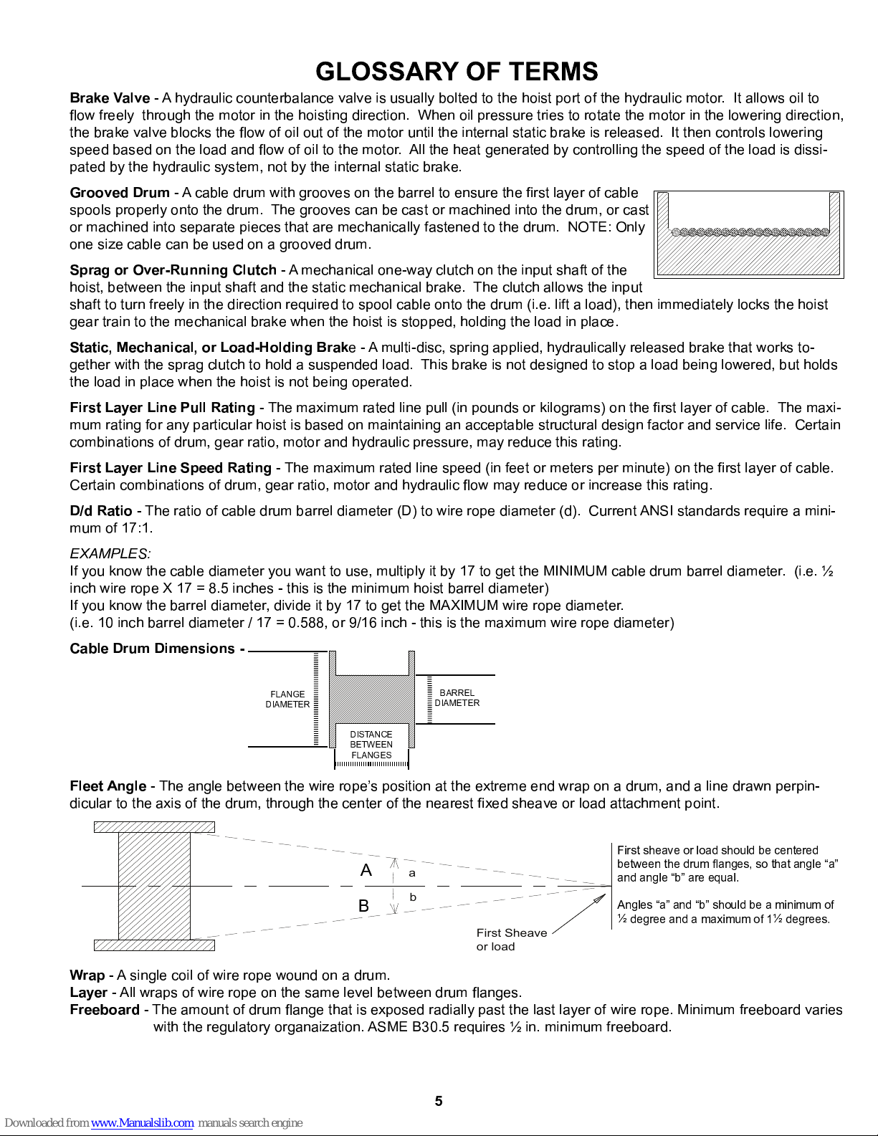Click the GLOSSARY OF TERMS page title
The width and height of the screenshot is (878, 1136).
click(x=457, y=72)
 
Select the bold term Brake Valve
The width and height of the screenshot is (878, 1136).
click(x=110, y=98)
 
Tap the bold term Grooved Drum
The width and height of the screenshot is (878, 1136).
click(x=119, y=193)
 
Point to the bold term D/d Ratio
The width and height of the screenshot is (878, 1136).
click(x=100, y=511)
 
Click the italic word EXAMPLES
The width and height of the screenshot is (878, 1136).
click(x=110, y=554)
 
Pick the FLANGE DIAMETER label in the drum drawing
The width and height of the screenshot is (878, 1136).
click(x=287, y=700)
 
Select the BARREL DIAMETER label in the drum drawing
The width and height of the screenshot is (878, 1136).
click(x=457, y=698)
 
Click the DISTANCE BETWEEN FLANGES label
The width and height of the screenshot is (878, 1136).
click(x=371, y=745)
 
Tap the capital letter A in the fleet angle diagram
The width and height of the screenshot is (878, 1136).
click(x=366, y=871)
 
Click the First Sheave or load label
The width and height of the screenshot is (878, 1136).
click(x=511, y=940)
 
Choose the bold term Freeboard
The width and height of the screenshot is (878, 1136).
click(x=105, y=1010)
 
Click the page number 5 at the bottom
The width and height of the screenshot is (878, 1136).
click(x=439, y=1102)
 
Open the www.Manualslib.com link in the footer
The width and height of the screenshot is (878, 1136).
click(x=142, y=1123)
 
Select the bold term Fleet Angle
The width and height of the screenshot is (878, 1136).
click(x=108, y=786)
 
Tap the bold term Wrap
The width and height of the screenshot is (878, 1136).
click(x=87, y=975)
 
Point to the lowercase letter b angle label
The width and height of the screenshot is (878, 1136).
click(x=413, y=897)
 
